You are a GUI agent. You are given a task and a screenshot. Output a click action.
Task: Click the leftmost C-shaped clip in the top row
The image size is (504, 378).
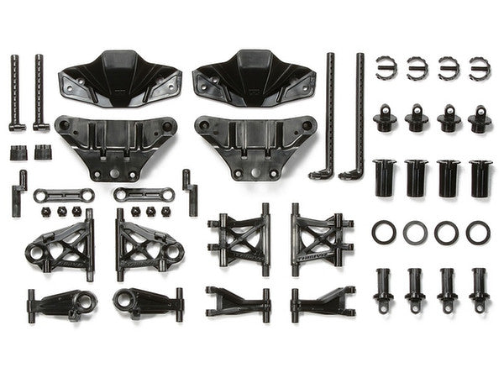[386, 69]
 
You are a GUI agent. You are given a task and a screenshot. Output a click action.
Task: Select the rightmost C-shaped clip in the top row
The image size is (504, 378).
[480, 69]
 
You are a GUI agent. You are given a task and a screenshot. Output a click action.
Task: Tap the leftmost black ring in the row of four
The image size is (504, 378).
[384, 233]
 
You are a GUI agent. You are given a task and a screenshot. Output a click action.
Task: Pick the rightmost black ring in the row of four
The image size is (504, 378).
[479, 233]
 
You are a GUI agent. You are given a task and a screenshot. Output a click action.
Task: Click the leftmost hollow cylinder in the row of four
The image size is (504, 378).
[385, 178]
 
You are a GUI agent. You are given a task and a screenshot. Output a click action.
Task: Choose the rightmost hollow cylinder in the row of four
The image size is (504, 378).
[480, 178]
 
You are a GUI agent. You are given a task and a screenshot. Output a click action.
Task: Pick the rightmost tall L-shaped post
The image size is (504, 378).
[357, 118]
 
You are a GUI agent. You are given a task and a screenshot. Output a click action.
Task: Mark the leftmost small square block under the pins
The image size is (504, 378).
[18, 153]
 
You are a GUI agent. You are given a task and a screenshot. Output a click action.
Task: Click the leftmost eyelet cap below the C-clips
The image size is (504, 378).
[386, 118]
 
